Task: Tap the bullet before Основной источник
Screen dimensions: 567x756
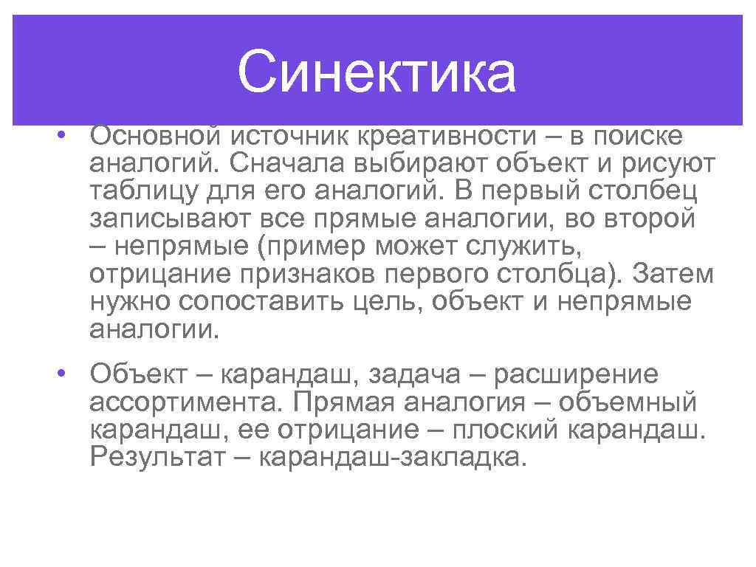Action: click(66, 136)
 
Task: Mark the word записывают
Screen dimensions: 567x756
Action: click(157, 219)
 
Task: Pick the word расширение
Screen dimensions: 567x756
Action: click(574, 374)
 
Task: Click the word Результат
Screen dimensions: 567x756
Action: click(159, 458)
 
